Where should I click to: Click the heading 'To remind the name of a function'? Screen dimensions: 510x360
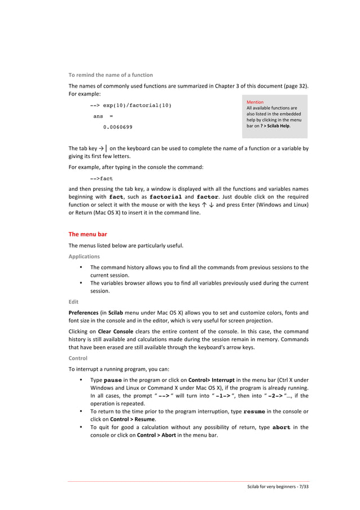111,75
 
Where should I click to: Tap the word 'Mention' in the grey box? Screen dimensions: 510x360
255,102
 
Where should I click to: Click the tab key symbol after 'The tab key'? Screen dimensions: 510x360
100,149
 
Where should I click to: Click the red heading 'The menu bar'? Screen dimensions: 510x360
87,233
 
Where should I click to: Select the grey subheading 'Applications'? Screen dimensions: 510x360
84,256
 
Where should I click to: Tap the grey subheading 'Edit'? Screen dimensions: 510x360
73,302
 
